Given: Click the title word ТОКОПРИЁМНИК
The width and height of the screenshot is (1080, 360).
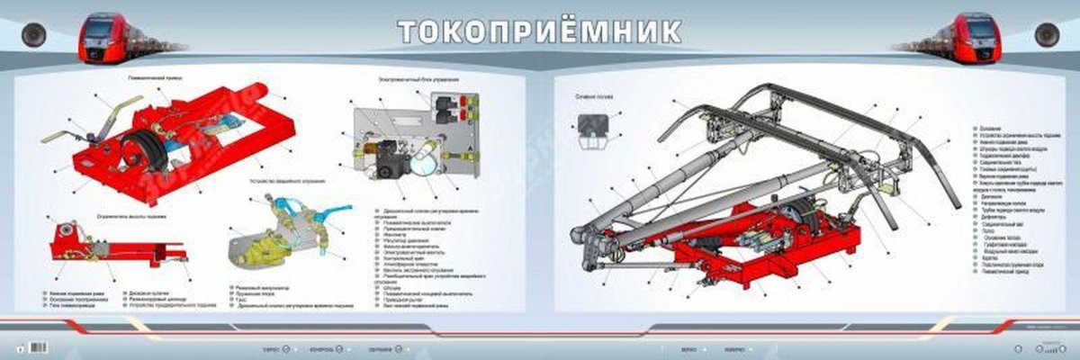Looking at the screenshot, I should pos(539,30).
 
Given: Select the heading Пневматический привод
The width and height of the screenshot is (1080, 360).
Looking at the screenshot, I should pos(154,78).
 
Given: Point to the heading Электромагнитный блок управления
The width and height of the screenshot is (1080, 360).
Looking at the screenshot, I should pos(413,78).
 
